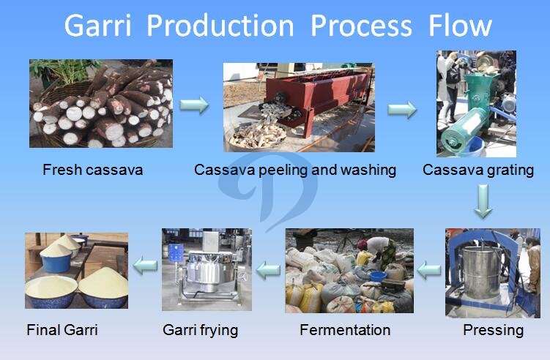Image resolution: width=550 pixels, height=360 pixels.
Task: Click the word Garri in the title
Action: pyautogui.click(x=97, y=26)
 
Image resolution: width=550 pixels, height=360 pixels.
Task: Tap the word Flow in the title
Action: pyautogui.click(x=460, y=26)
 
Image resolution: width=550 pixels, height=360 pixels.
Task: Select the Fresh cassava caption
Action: pyautogui.click(x=92, y=170)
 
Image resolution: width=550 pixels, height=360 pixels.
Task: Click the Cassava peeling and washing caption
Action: pyautogui.click(x=295, y=170)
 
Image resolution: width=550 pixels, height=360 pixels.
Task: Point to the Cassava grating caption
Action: pyautogui.click(x=478, y=170)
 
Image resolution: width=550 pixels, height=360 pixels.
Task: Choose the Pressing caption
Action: pyautogui.click(x=493, y=330)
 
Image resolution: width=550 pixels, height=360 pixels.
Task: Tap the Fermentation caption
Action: pyautogui.click(x=345, y=330)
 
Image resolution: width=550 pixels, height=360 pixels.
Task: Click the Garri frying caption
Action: pyautogui.click(x=200, y=330)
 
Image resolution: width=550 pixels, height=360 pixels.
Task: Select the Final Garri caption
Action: pyautogui.click(x=62, y=330)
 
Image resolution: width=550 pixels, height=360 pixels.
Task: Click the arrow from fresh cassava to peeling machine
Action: pyautogui.click(x=194, y=105)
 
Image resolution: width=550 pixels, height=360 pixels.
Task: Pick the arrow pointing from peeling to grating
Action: pyautogui.click(x=402, y=109)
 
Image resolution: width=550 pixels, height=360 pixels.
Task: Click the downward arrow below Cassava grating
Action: pyautogui.click(x=483, y=201)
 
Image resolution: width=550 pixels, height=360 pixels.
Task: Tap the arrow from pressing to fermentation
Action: pyautogui.click(x=429, y=270)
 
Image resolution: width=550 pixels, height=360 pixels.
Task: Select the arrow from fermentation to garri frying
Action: pyautogui.click(x=268, y=270)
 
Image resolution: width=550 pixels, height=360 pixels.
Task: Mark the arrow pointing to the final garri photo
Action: pyautogui.click(x=145, y=266)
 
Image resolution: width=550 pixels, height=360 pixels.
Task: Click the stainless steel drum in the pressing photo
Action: pyautogui.click(x=482, y=272)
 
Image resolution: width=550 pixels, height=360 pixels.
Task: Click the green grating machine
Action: pyautogui.click(x=470, y=109)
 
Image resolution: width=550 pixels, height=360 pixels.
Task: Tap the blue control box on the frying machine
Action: pyautogui.click(x=176, y=252)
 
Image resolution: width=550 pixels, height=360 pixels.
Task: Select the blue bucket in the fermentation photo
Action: pyautogui.click(x=378, y=277)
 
